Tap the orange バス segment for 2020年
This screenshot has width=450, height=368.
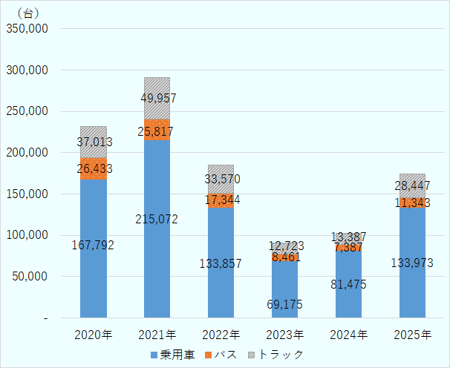[x=93, y=168]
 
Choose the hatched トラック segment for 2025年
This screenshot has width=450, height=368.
[x=412, y=185]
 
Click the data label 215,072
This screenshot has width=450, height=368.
[x=157, y=219]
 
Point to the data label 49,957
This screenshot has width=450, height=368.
[x=158, y=98]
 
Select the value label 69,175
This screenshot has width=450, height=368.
[x=284, y=304]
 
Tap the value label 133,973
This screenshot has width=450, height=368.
[x=411, y=263]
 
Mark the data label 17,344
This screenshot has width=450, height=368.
[x=221, y=200]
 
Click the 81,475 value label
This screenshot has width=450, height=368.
[x=348, y=284]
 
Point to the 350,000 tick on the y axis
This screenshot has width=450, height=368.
[x=27, y=29]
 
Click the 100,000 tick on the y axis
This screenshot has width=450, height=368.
[x=27, y=235]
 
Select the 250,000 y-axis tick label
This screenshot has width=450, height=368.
[x=27, y=111]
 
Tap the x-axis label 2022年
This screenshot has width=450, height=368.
[x=221, y=335]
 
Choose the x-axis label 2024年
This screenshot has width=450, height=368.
[x=348, y=335]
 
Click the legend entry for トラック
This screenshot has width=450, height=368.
[x=275, y=355]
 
